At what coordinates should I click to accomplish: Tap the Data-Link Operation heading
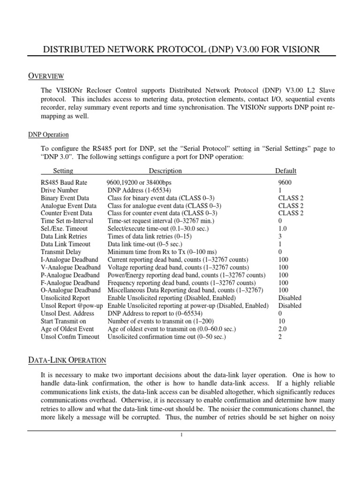67,360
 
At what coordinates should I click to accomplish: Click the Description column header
165,171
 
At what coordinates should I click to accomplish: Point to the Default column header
285,171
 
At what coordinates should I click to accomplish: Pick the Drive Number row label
60,190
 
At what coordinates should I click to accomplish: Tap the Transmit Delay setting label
61,252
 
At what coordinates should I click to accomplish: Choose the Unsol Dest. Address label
67,313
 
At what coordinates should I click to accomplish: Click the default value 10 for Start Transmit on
281,321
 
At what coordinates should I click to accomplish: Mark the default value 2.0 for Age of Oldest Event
282,329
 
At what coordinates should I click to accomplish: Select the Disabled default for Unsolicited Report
290,298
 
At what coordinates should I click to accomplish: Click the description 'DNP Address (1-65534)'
139,190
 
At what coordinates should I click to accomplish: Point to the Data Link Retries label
64,236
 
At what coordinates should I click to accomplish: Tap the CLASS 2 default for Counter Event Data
291,213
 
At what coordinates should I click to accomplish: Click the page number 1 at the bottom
180,435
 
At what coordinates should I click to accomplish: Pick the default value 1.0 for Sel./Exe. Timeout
282,229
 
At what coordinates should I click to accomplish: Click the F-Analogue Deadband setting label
70,283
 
